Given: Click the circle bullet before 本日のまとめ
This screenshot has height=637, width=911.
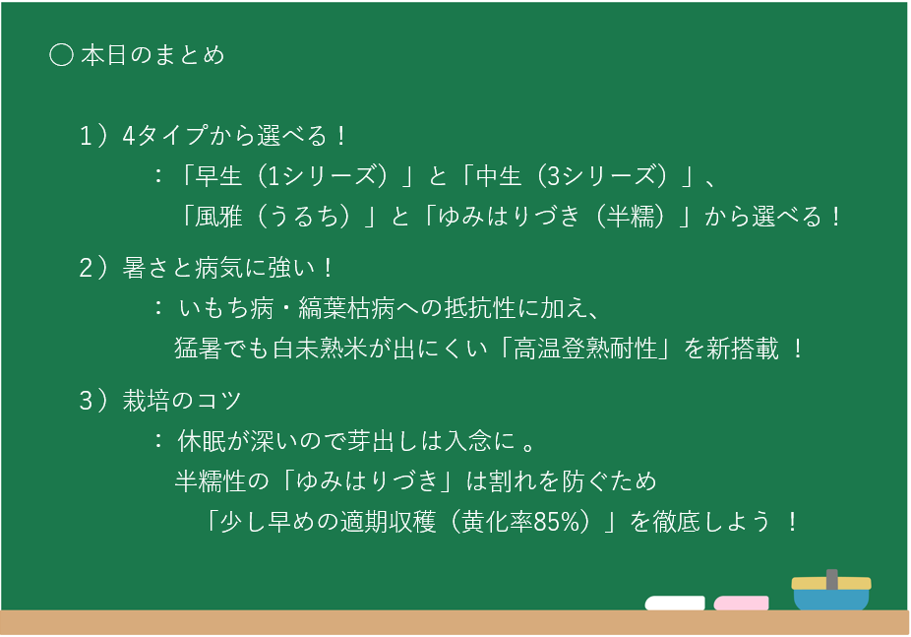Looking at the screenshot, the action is pos(61,55).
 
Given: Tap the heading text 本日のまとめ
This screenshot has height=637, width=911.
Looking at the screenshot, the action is pos(152,55).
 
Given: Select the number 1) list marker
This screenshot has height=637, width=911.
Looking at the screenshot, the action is pos(93,136).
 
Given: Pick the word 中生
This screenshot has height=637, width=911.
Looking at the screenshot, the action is pos(499,175).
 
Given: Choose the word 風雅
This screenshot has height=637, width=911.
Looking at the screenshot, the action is pos(218,217).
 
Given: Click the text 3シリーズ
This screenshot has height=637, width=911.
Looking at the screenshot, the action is pos(605,175).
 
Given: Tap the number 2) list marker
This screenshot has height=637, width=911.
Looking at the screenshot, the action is pos(93,268).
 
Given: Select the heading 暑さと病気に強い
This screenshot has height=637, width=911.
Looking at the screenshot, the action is pos(219,268).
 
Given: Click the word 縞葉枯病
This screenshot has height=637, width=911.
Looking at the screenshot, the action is pos(346,308).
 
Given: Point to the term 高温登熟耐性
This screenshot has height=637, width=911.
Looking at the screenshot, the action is pos(585,349).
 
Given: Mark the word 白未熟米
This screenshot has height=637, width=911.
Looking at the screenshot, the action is pos(320,349).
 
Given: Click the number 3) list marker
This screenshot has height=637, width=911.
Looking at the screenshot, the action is pos(93,401).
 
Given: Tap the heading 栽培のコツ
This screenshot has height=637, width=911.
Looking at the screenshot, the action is pos(182,401).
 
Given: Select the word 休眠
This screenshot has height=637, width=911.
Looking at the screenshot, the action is pos(202,441).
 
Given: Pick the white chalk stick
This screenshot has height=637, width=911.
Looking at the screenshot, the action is pos(675,603).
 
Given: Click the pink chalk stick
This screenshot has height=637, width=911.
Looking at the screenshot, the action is pos(742,603).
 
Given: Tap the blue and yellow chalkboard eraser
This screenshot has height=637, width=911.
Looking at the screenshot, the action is pos(831,590).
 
